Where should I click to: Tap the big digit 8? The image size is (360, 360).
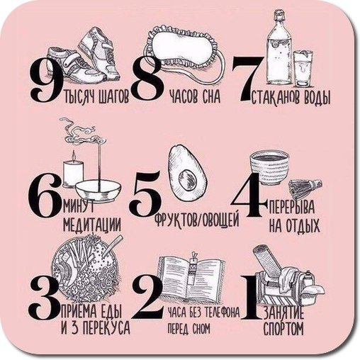(x=147, y=80)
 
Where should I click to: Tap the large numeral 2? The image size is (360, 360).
(x=147, y=296)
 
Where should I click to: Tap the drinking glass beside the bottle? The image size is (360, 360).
(x=303, y=69)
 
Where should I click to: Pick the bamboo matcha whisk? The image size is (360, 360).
(x=305, y=188)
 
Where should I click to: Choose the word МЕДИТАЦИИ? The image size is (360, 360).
(x=92, y=224)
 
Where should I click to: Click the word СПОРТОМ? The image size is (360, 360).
(x=283, y=328)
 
